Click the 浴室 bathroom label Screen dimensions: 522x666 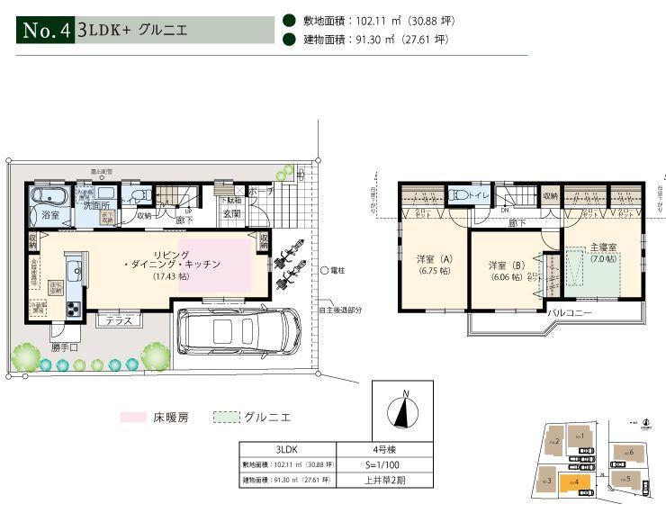tap(50, 216)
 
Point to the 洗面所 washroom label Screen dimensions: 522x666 tap(96, 206)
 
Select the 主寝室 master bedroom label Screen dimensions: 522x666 tap(602, 252)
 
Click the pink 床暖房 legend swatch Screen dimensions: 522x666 tap(135, 418)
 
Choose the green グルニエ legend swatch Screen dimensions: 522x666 tap(228, 418)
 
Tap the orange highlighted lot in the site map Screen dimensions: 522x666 tap(571, 481)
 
